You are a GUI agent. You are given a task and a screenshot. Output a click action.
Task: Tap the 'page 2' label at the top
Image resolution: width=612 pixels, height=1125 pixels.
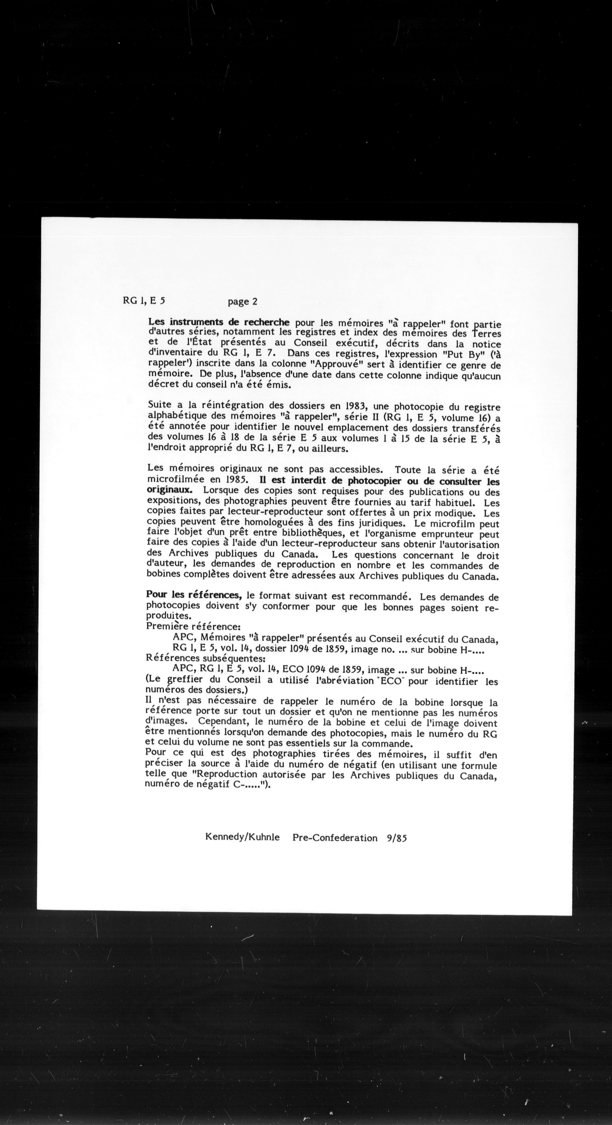point(242,301)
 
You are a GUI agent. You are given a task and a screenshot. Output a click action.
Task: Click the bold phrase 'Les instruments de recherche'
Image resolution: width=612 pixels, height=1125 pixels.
point(219,322)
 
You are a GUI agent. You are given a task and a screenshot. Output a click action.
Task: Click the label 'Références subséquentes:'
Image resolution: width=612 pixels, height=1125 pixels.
point(205,658)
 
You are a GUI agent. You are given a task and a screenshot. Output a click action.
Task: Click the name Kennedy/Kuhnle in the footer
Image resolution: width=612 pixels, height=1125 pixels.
point(242,838)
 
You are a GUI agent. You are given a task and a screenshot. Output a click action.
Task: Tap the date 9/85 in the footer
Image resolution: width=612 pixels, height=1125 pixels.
point(396,838)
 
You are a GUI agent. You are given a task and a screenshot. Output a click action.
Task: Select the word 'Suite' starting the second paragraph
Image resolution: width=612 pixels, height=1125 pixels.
point(160,404)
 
